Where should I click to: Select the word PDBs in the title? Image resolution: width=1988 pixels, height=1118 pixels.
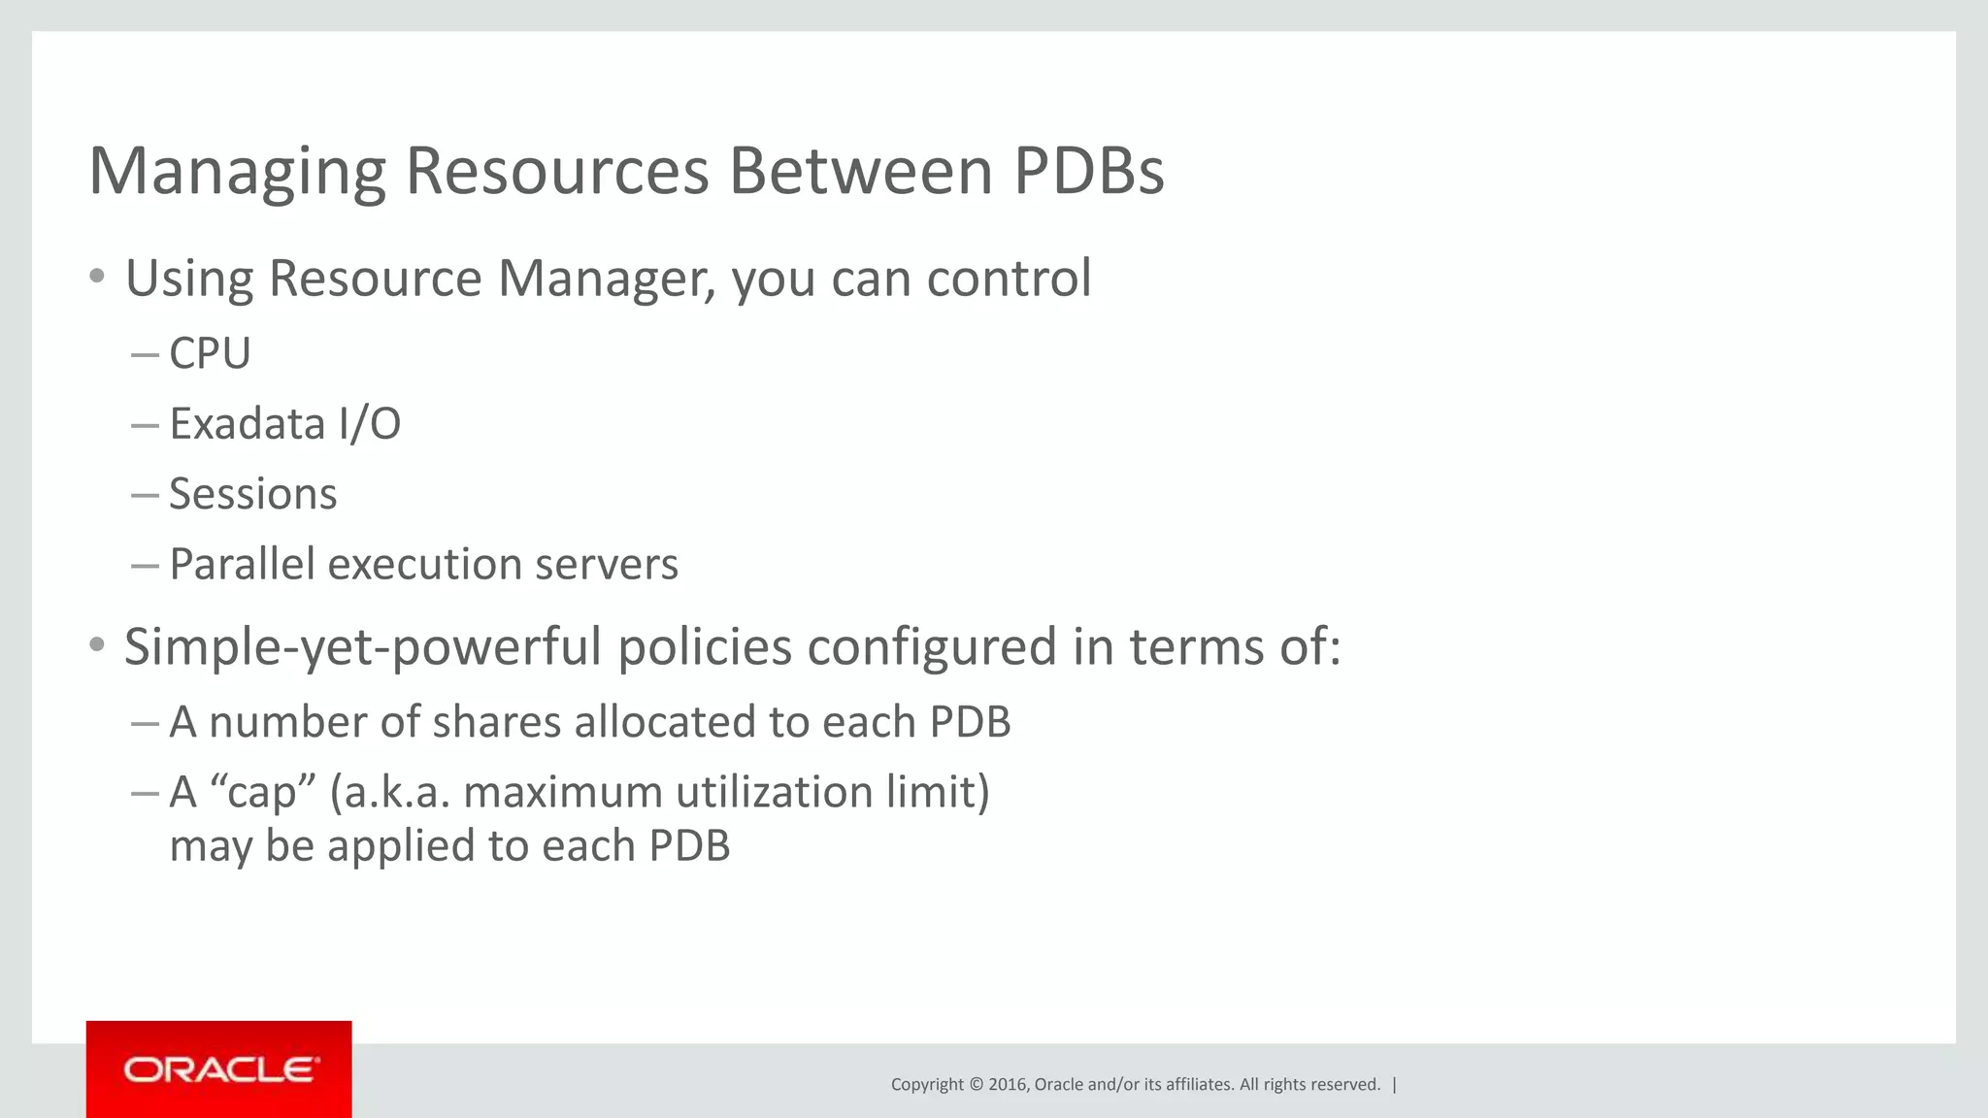click(x=1088, y=171)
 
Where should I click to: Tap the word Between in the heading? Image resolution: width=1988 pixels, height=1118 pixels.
click(x=860, y=171)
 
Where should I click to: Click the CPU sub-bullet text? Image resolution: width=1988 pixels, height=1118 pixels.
click(x=210, y=353)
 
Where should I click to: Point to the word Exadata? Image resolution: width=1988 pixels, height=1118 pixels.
click(x=247, y=424)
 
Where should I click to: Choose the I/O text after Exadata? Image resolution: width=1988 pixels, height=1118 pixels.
click(x=369, y=424)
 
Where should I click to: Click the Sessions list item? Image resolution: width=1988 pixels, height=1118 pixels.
click(x=252, y=494)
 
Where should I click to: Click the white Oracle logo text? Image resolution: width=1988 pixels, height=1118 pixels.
click(x=219, y=1070)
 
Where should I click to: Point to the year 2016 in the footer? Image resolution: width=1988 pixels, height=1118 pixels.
click(x=1008, y=1085)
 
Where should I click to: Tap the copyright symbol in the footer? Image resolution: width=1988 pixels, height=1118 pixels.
click(x=976, y=1085)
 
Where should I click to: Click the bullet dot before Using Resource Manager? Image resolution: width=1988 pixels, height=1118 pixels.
click(x=96, y=277)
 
